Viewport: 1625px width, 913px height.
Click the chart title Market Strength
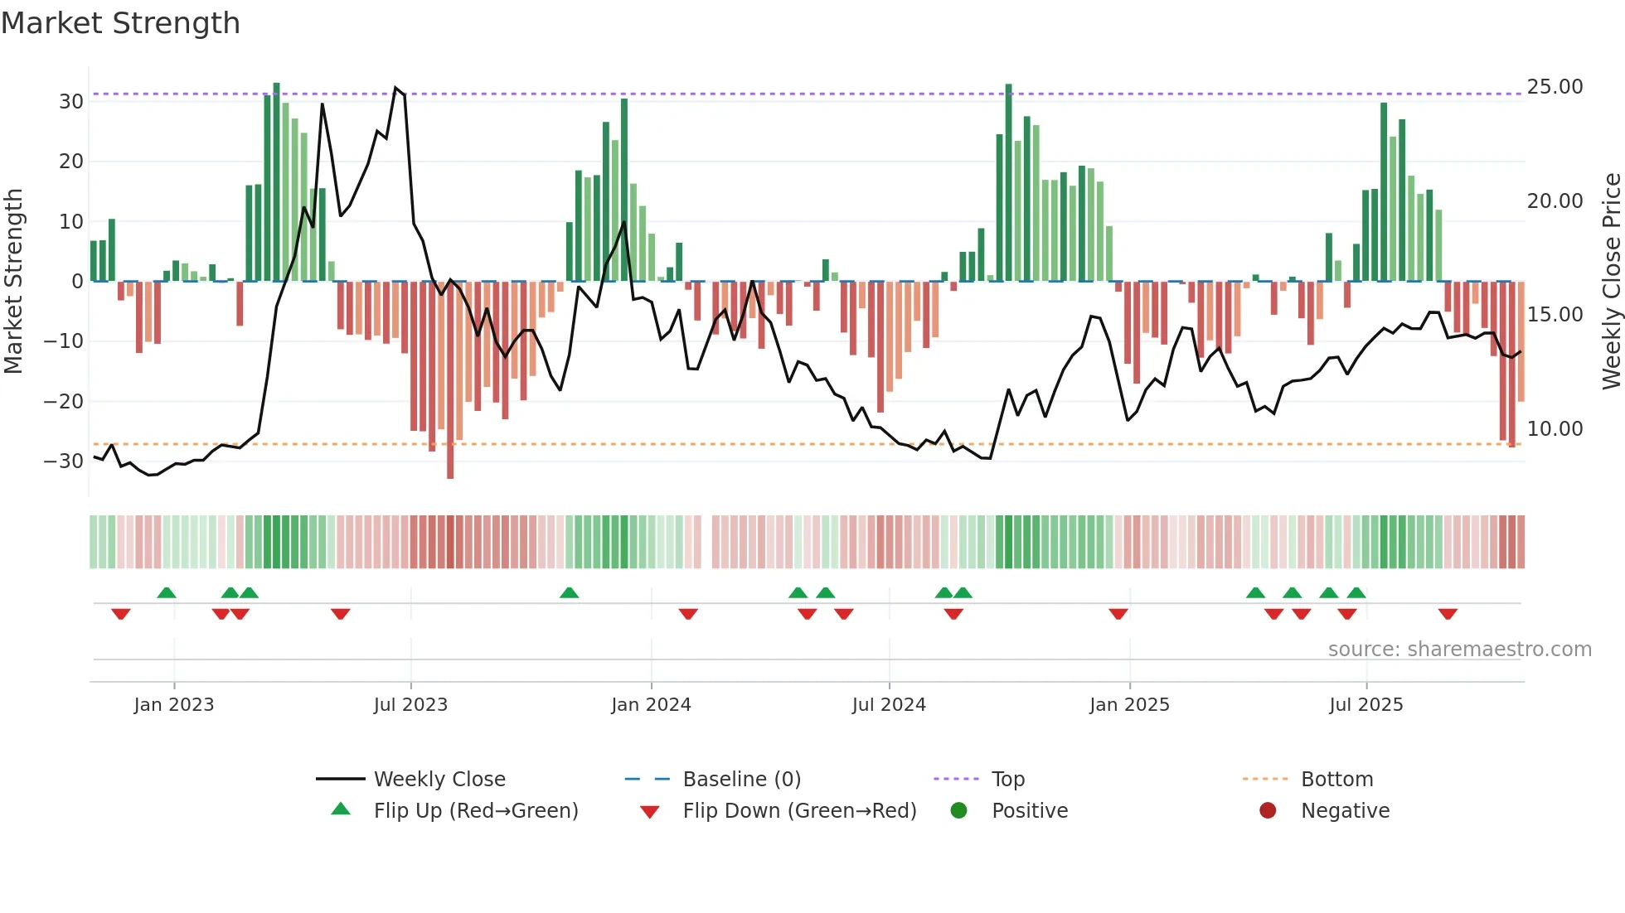(x=120, y=23)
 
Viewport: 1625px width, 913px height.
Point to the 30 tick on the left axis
(x=71, y=102)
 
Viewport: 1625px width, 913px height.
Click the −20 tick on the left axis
(x=64, y=402)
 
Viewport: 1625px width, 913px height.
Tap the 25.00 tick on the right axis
(x=1555, y=87)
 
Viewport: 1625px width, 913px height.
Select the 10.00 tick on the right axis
(x=1555, y=429)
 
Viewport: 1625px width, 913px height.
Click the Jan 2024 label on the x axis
(x=651, y=705)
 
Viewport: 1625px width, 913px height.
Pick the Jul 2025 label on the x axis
(x=1365, y=705)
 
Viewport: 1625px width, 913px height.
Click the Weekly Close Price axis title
(x=1611, y=282)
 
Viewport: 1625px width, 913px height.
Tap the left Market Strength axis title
(x=13, y=282)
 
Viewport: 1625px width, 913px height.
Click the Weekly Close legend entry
(x=439, y=780)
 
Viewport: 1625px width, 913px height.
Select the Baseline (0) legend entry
(x=741, y=780)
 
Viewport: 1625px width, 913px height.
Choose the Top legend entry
(x=1007, y=780)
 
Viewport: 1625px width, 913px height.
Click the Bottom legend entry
(x=1336, y=780)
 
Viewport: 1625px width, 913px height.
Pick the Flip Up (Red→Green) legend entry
(x=475, y=811)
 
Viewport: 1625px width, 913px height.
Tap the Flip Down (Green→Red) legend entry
(x=799, y=811)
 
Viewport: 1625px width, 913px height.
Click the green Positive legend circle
(x=959, y=811)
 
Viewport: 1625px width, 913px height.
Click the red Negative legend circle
(x=1268, y=811)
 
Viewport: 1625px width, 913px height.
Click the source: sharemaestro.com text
(x=1459, y=650)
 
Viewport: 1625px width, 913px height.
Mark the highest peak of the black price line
(x=395, y=88)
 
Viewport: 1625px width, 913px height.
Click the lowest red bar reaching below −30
(x=450, y=464)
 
